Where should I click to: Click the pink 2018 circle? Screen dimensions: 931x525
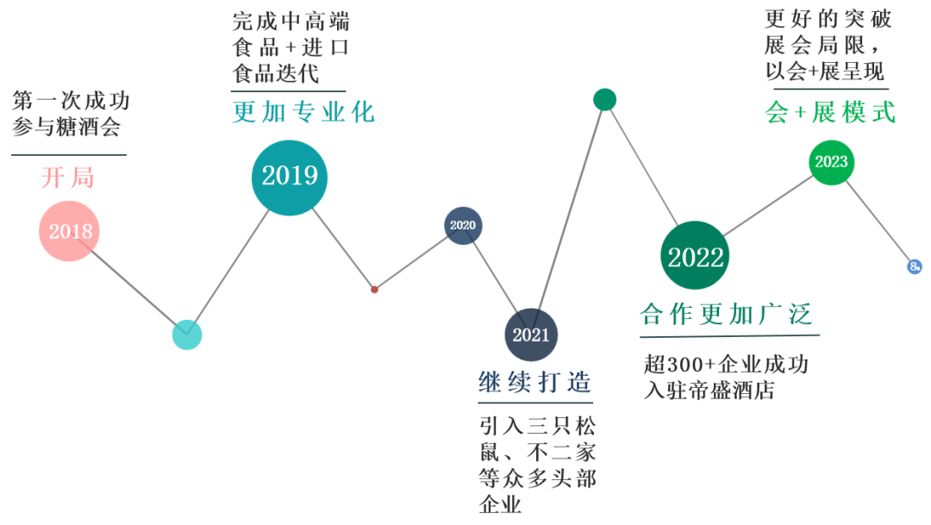[70, 231]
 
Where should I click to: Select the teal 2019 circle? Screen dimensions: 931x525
[290, 176]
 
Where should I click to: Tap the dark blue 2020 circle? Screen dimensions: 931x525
[463, 226]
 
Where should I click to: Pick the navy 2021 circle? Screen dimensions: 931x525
[531, 334]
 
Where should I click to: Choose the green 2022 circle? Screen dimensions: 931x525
[696, 257]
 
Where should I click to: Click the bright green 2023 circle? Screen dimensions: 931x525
[831, 162]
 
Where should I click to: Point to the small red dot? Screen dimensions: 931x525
[374, 290]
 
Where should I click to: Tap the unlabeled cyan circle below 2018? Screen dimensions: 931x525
[187, 334]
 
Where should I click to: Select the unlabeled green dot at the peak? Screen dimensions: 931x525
[605, 100]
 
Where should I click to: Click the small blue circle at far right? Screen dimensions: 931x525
[915, 266]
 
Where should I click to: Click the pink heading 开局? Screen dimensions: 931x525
[67, 178]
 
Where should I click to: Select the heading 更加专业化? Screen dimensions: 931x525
[303, 113]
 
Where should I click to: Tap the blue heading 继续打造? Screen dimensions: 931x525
[535, 383]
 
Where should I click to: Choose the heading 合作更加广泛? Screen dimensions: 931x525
[727, 315]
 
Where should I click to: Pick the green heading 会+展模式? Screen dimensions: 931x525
[830, 113]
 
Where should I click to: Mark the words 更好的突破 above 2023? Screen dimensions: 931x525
[828, 19]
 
